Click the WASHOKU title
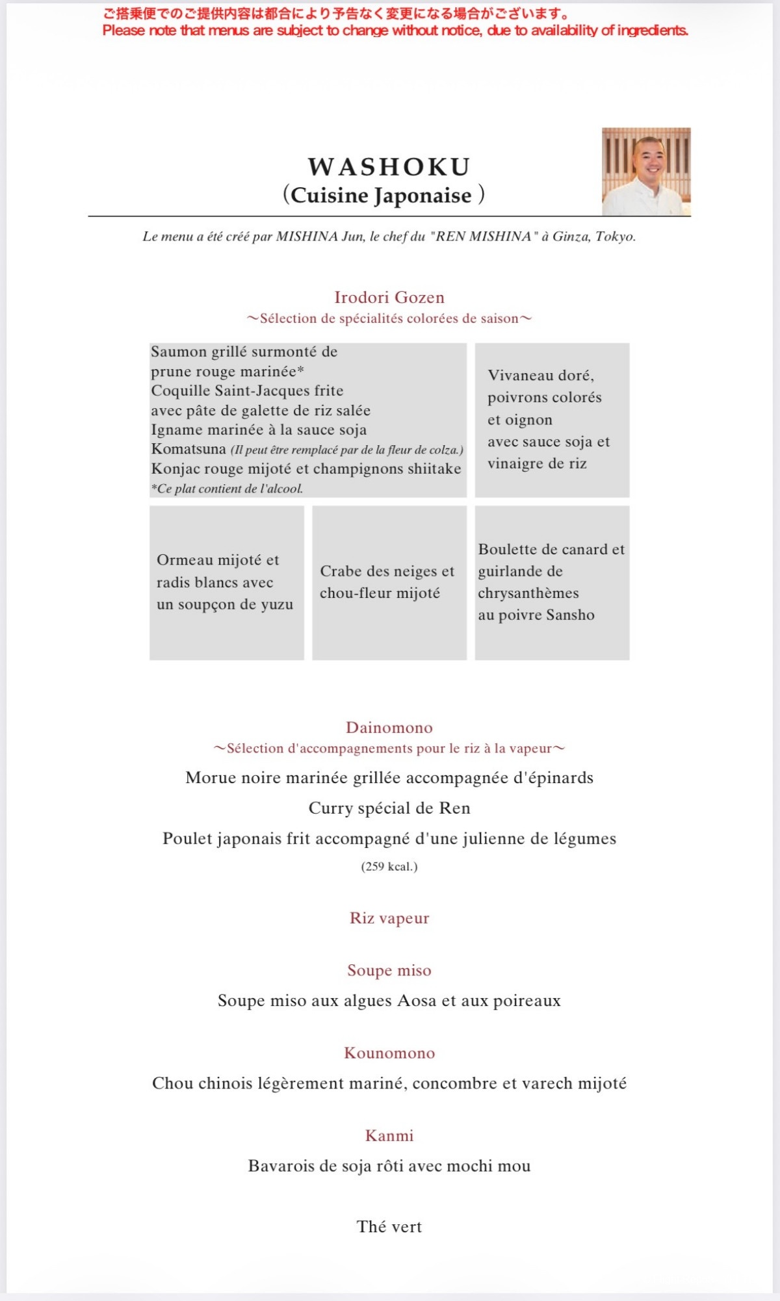[389, 167]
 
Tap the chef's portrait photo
[646, 172]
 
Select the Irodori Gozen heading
[389, 298]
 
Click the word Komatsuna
[188, 449]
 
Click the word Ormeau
[185, 560]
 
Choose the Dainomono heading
[389, 728]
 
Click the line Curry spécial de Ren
[389, 808]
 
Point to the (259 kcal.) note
[389, 866]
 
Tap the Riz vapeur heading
[389, 918]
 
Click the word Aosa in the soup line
[417, 1001]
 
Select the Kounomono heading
[389, 1053]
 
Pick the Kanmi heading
[389, 1136]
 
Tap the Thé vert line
[389, 1227]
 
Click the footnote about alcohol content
[227, 489]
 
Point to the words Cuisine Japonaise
[382, 196]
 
